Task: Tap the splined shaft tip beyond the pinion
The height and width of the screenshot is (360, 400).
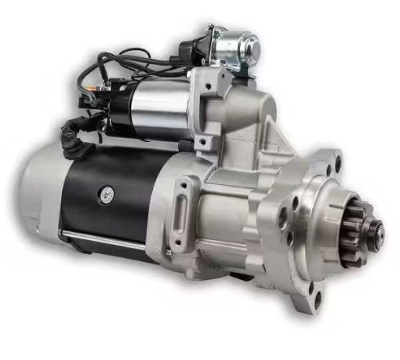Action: pos(378,230)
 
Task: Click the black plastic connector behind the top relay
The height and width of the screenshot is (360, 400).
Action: pos(191,51)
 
